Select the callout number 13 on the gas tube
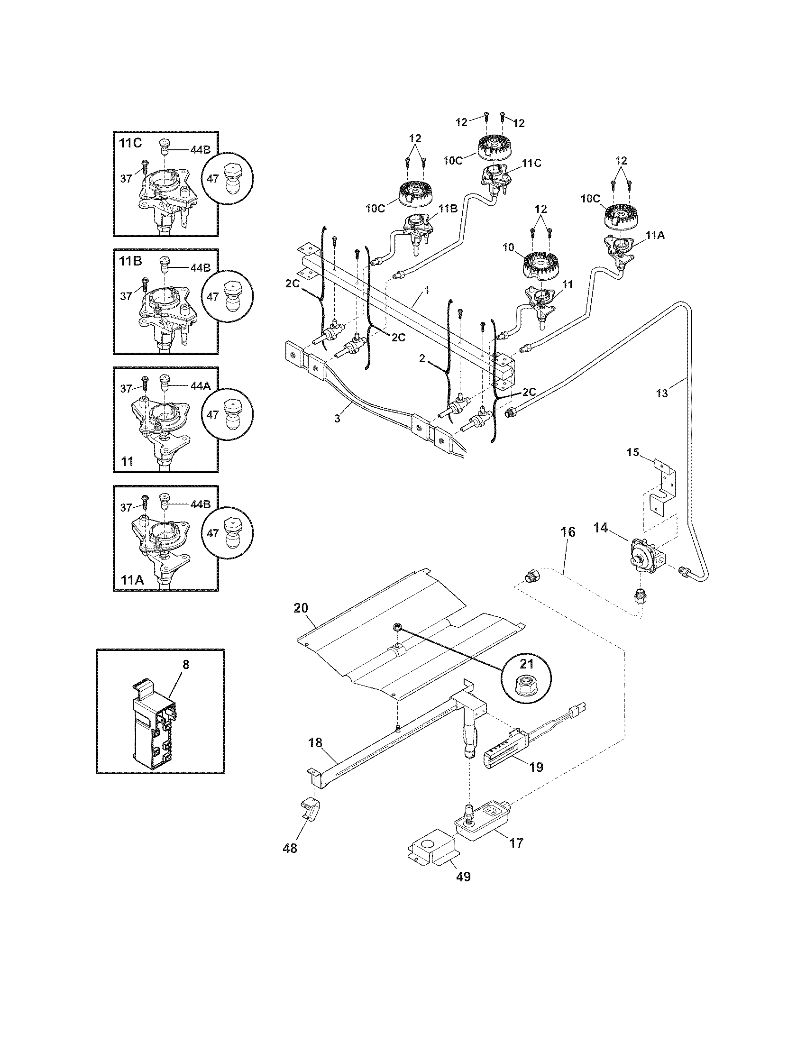click(662, 393)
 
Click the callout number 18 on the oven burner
click(316, 742)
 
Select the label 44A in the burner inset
click(201, 386)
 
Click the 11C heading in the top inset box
click(130, 143)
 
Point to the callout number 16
click(568, 532)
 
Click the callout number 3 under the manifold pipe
click(337, 418)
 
